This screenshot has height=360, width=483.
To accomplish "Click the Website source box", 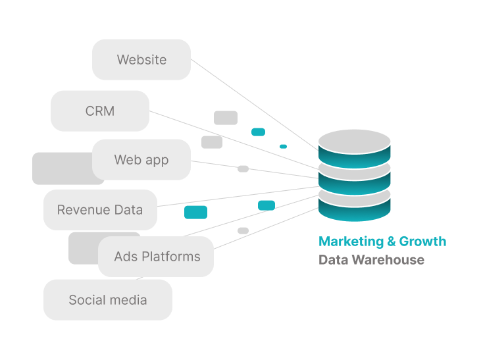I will coord(141,59).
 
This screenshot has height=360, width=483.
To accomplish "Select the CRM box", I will coord(100,111).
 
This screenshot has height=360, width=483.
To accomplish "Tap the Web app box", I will coord(141,159).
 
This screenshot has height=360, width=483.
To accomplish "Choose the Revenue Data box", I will coord(100,210).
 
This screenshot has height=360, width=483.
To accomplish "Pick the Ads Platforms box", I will coord(156,256).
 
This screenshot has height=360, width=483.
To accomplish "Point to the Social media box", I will coord(108,300).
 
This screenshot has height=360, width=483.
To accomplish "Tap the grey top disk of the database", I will coord(355,141).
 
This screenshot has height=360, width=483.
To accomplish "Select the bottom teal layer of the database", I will coord(355,210).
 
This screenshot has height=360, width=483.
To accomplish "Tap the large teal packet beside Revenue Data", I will coord(195,212).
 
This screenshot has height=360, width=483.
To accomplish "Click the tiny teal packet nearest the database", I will coord(283,146).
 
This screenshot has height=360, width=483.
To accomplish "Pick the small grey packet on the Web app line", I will coord(243,169).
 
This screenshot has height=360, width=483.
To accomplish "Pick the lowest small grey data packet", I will coord(243,230).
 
